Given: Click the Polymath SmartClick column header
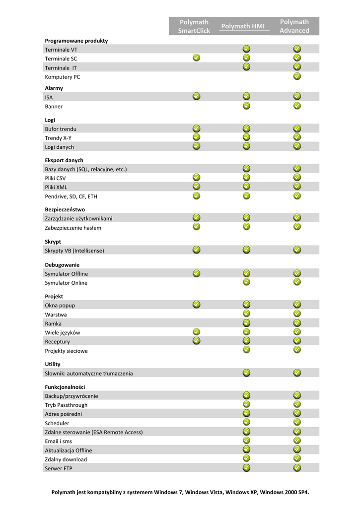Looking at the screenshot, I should pyautogui.click(x=194, y=26).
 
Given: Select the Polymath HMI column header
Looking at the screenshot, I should pyautogui.click(x=243, y=26).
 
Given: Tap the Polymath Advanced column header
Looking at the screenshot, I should pyautogui.click(x=294, y=26).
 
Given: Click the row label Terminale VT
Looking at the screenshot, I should pyautogui.click(x=61, y=50).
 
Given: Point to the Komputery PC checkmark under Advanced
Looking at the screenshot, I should pyautogui.click(x=297, y=76).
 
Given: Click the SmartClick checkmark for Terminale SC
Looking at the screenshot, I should pyautogui.click(x=197, y=58).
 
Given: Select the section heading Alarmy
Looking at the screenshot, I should pyautogui.click(x=54, y=88).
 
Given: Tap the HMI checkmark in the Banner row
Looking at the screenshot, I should pyautogui.click(x=247, y=105).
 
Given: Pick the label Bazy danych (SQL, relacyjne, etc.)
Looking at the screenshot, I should pyautogui.click(x=86, y=169).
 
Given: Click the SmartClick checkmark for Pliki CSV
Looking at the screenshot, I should pyautogui.click(x=197, y=177).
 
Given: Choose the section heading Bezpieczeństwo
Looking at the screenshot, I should pyautogui.click(x=65, y=209).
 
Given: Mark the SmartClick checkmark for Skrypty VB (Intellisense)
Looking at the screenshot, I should pyautogui.click(x=197, y=250).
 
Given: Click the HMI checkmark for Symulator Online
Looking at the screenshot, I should pyautogui.click(x=247, y=282).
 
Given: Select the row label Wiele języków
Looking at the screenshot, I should pyautogui.click(x=63, y=333).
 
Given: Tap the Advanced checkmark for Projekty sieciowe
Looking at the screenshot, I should pyautogui.click(x=297, y=350).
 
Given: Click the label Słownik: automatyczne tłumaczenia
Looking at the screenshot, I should pyautogui.click(x=89, y=374).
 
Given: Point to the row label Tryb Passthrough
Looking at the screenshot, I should pyautogui.click(x=66, y=405).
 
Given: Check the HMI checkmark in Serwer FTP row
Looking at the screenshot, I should pyautogui.click(x=247, y=467).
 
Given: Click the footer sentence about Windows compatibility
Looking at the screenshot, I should pyautogui.click(x=180, y=492).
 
